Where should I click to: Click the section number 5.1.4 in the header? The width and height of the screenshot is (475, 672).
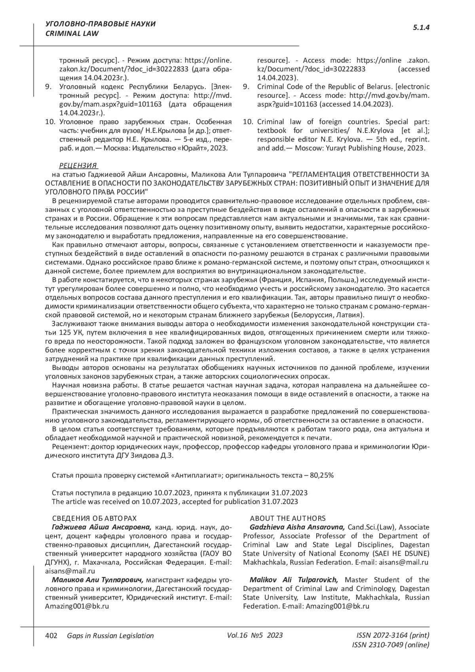421,28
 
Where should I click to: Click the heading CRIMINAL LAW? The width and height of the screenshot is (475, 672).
72,34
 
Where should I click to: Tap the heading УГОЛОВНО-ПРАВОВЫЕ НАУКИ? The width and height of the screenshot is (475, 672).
101,24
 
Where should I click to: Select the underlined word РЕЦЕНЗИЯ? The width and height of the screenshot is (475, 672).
78,166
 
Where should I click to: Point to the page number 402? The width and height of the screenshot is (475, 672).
51,636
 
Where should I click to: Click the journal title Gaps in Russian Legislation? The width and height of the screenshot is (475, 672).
110,636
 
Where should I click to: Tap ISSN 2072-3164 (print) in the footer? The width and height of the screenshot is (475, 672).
393,636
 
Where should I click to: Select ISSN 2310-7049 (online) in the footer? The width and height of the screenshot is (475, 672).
390,645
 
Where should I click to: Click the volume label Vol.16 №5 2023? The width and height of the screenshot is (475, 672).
255,636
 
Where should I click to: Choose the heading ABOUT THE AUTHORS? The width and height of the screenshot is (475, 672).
288,518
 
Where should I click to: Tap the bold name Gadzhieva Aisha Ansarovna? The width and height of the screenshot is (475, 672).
297,527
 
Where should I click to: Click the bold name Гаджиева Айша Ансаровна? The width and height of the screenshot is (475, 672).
101,527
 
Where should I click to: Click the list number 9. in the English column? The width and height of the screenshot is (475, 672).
246,87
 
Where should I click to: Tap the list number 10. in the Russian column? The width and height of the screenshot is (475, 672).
50,122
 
